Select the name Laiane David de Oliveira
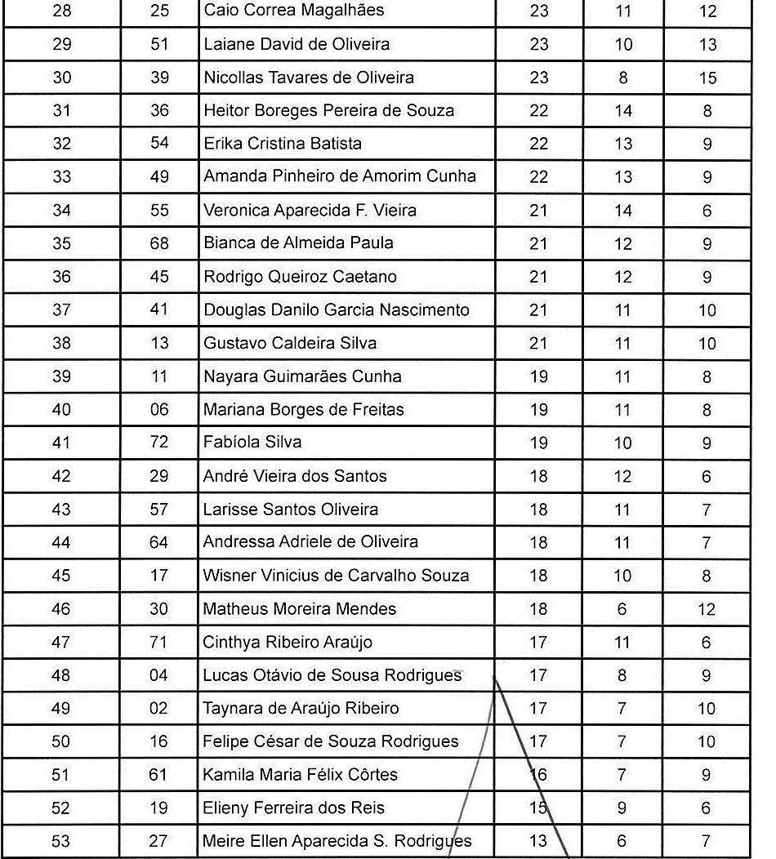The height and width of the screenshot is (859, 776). point(296,44)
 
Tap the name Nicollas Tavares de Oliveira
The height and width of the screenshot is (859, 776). point(308,78)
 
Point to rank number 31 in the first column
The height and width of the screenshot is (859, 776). point(61,111)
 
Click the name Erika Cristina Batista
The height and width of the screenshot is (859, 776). point(282,144)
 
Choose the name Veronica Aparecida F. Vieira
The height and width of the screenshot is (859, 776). point(310,211)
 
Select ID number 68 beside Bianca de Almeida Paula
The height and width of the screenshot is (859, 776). point(159,243)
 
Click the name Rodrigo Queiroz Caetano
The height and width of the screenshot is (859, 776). point(300,277)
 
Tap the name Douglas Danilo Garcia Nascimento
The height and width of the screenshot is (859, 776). point(336,310)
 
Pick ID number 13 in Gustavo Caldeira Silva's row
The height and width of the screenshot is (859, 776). point(159,343)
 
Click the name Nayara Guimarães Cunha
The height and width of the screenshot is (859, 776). point(302,376)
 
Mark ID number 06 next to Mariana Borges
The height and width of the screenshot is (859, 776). point(159,410)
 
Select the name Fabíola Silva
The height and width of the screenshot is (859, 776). point(252,443)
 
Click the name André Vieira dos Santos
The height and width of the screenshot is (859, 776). point(295,476)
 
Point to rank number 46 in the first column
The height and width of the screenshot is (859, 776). point(61,609)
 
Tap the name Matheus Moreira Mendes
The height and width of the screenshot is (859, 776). point(299,609)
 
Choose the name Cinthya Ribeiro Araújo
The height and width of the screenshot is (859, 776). point(288,643)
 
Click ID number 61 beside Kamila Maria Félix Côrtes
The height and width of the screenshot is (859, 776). point(158,775)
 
